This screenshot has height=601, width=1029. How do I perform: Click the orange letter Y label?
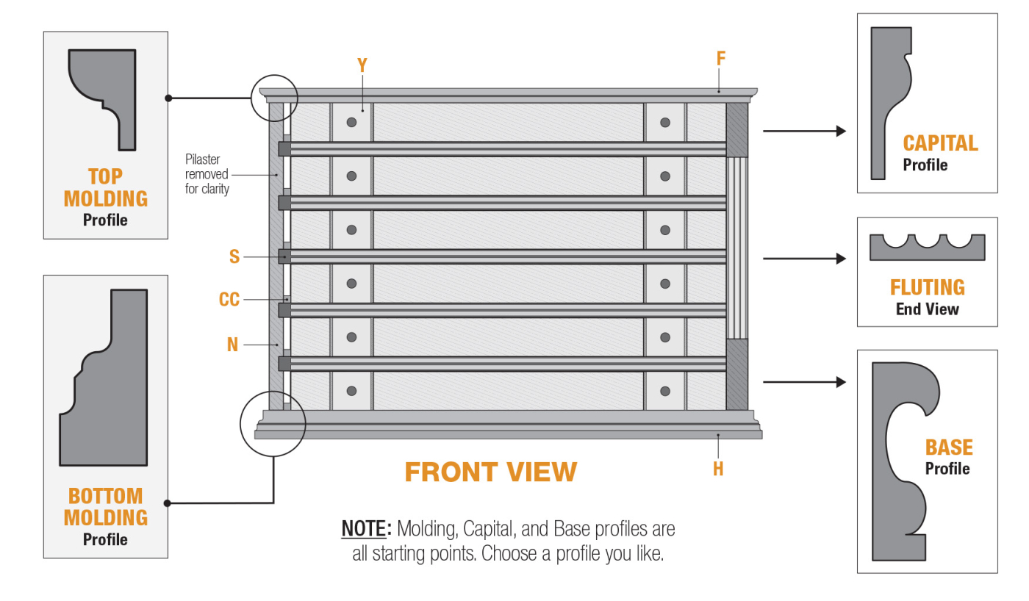[362, 65]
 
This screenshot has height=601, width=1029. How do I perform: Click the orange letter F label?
[721, 59]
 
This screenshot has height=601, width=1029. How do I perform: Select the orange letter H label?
[718, 469]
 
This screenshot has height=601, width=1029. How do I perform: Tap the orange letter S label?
[234, 256]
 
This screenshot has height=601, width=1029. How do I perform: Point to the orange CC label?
[229, 300]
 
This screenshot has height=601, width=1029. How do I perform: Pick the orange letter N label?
[233, 344]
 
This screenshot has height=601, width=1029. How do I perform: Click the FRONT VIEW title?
[490, 472]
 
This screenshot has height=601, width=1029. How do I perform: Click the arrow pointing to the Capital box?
[805, 131]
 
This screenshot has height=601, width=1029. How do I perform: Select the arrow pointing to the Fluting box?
[805, 259]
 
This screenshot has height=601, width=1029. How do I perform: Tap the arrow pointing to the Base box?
[805, 382]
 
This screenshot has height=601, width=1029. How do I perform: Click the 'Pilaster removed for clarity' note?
[207, 174]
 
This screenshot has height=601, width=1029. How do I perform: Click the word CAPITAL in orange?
[940, 143]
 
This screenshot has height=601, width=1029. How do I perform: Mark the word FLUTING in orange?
[927, 287]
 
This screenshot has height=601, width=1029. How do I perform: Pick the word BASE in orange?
[948, 447]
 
